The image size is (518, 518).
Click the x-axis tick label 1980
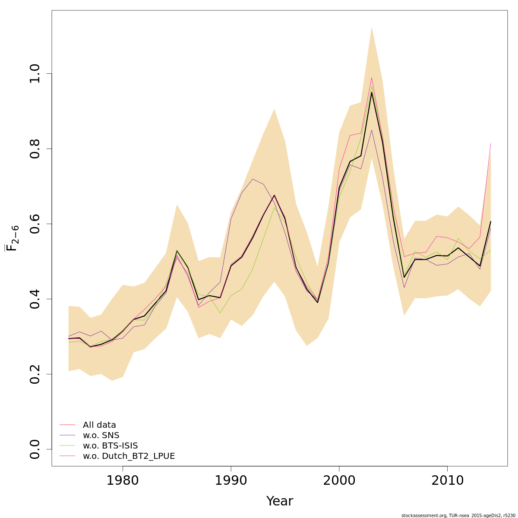[123, 480]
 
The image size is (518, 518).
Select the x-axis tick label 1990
[231, 480]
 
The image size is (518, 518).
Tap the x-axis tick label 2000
[339, 480]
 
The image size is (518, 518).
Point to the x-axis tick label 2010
[447, 480]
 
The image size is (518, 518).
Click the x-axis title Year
[279, 501]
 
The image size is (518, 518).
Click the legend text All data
[99, 425]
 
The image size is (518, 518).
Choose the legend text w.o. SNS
[101, 436]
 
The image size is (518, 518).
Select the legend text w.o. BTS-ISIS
[110, 446]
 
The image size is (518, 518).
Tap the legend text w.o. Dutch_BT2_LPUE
[129, 456]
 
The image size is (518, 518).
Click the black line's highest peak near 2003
[372, 92]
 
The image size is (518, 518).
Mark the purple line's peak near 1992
[253, 179]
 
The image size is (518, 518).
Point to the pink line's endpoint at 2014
[491, 143]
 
